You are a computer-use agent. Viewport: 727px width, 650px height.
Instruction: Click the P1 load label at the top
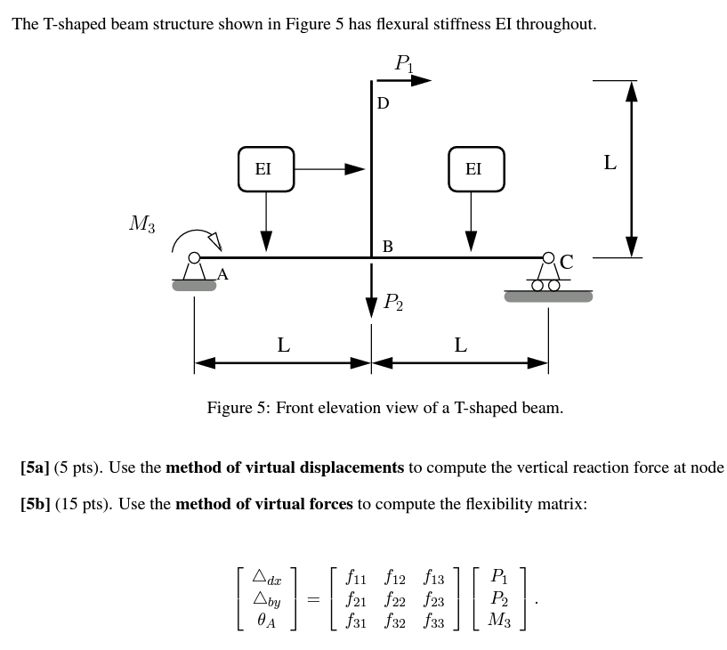404,63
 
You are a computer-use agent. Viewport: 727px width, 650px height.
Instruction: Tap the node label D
383,103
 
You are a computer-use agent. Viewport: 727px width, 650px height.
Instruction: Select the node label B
387,246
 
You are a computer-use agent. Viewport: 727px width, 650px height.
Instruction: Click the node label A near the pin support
222,275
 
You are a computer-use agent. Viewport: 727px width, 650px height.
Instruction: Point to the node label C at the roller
566,262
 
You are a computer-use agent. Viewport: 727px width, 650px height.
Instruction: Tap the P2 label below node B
392,303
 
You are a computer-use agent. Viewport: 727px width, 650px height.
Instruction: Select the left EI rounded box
265,169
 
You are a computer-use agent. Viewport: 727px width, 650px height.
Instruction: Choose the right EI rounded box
476,169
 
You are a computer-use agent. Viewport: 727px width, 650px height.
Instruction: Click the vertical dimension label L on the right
610,162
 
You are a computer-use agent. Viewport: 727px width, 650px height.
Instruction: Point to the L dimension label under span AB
283,345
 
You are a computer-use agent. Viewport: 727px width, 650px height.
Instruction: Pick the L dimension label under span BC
460,345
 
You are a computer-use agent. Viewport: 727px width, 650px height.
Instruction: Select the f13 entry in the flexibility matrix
433,580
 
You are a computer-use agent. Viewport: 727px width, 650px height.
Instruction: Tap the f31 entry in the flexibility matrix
358,622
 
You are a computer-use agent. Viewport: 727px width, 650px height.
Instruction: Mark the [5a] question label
35,467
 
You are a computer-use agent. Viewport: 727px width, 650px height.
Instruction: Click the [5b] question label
36,504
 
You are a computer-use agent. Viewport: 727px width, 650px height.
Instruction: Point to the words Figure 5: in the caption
238,408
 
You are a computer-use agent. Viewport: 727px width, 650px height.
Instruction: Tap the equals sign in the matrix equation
312,601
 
